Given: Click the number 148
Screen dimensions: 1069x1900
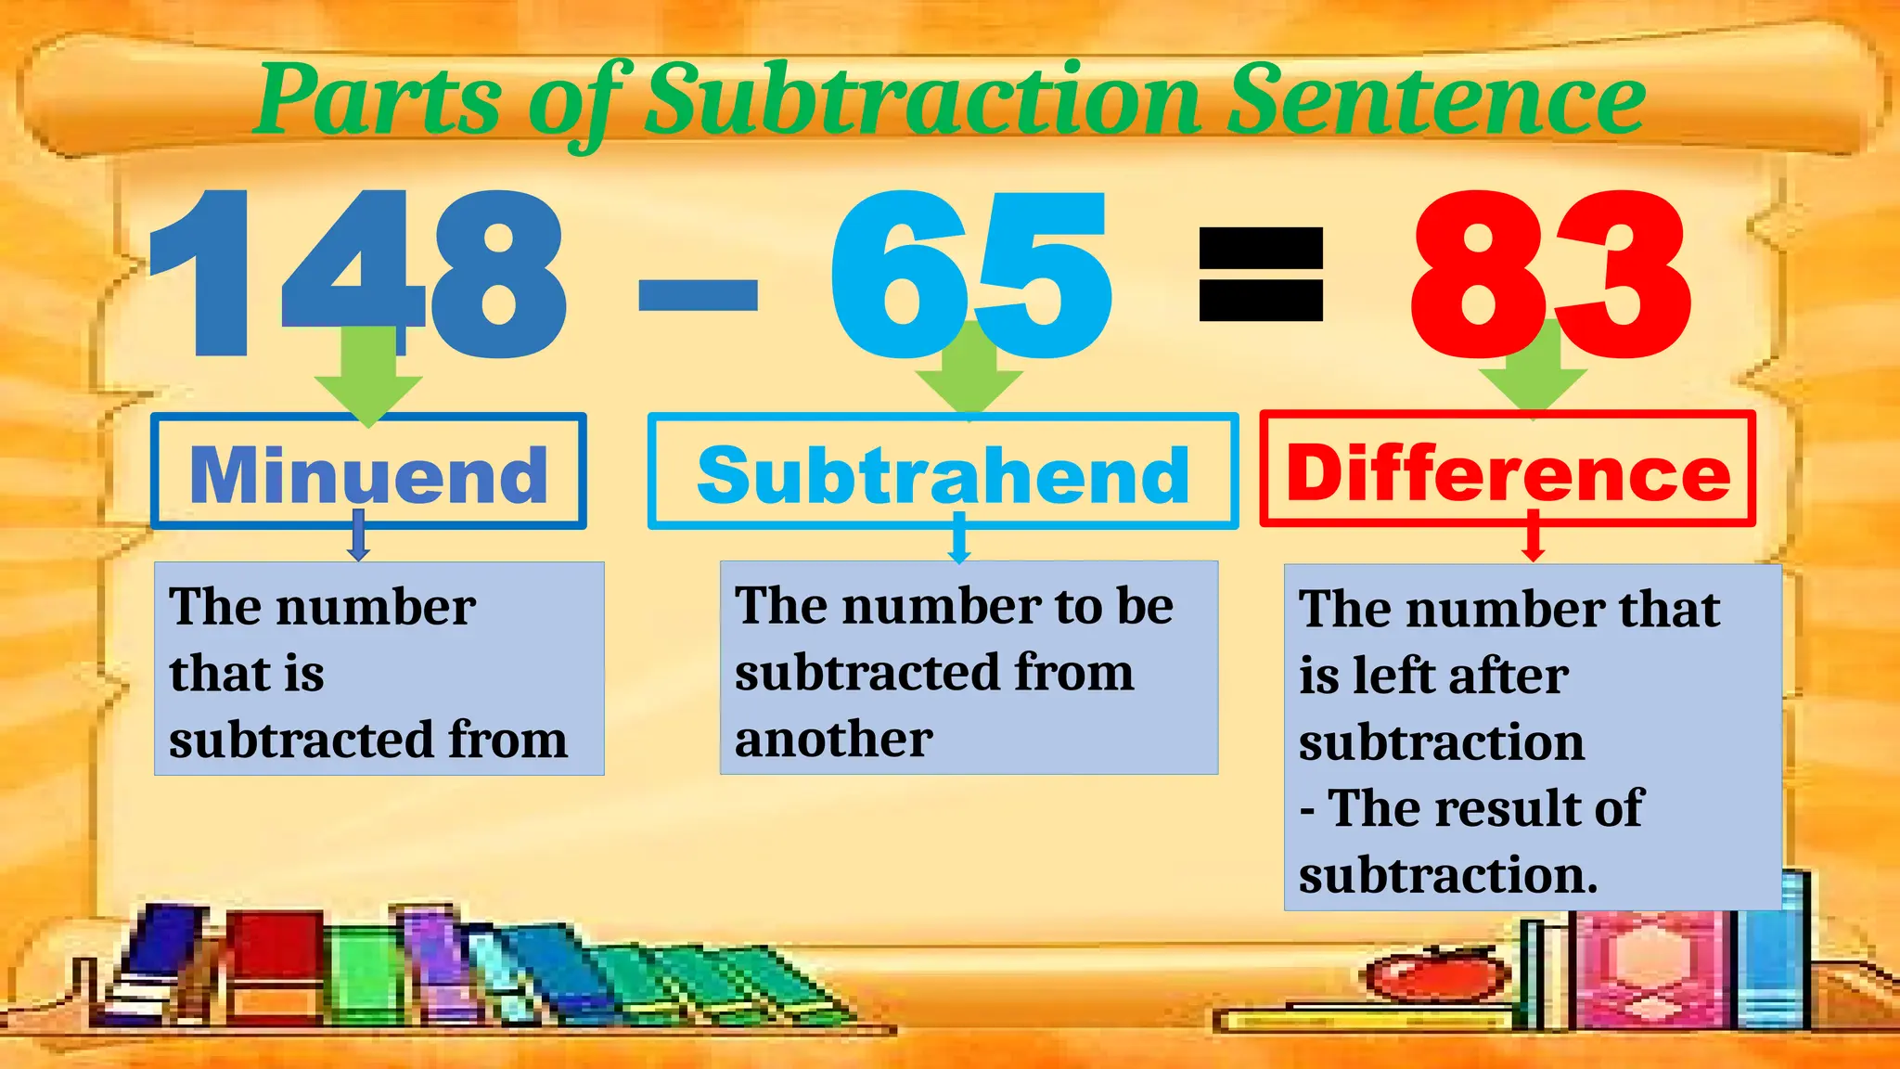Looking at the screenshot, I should [x=357, y=274].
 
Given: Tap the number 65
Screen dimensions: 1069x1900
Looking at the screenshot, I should [x=969, y=274].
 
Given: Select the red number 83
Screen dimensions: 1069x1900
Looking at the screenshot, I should [x=1549, y=274].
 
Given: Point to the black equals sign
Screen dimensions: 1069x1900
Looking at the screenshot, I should [x=1261, y=276].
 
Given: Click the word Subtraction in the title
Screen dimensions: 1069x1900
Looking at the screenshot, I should [x=923, y=98].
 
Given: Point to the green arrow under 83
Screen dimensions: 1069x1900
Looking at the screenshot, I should [x=1533, y=371].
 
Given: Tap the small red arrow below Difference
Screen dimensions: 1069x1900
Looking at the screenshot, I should [x=1533, y=541].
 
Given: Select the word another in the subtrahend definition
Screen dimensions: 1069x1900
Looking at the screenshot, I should [x=833, y=740].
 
